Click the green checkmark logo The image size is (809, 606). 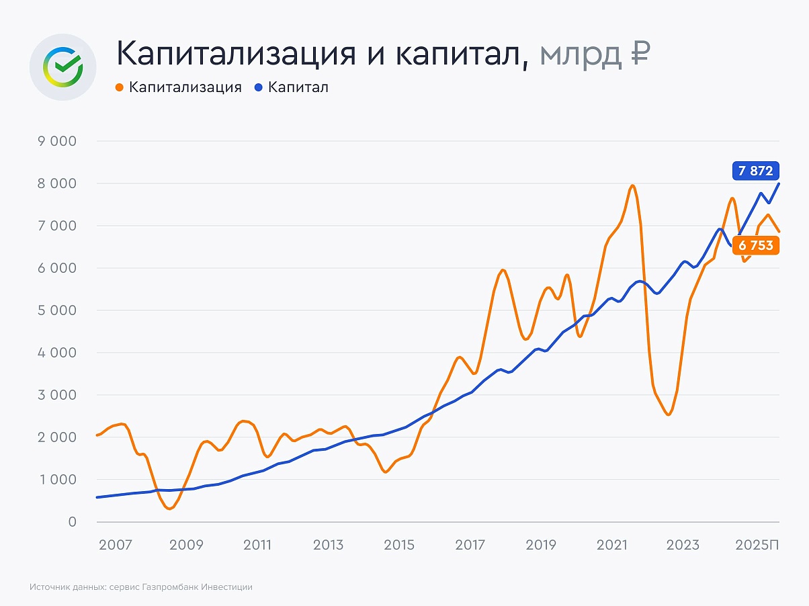click(62, 67)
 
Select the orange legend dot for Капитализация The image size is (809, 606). click(120, 87)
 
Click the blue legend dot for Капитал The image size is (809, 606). click(258, 87)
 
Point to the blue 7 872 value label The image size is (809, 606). click(755, 171)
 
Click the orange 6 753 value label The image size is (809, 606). click(755, 246)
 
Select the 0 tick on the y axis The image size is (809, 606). click(73, 522)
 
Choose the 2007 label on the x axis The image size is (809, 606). click(116, 545)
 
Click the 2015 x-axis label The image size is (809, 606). click(399, 545)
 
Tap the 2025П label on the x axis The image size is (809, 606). click(757, 545)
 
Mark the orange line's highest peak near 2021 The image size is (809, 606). click(632, 186)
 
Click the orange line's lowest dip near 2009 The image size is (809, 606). click(169, 509)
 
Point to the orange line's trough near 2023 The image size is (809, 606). click(668, 415)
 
